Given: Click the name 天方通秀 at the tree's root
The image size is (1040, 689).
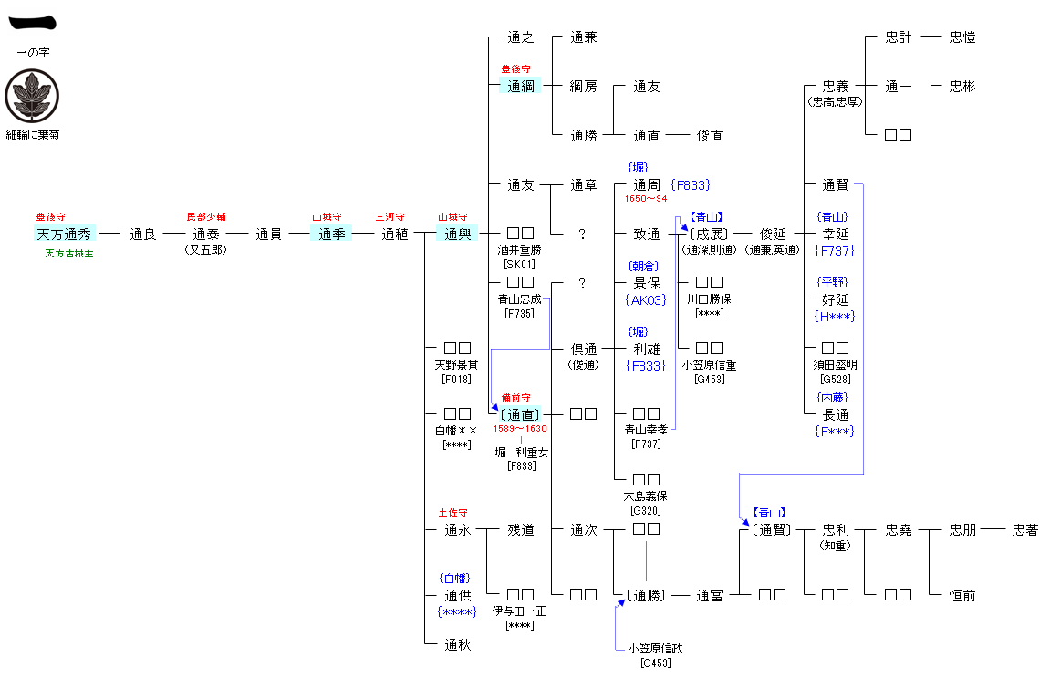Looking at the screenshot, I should tap(64, 234).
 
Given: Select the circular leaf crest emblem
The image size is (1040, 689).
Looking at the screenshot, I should tap(32, 96).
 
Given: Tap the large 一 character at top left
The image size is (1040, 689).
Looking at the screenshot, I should tap(32, 23).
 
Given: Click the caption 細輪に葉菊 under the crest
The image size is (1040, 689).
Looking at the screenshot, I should tap(32, 134).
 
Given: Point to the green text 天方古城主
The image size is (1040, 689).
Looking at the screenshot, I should tap(68, 253).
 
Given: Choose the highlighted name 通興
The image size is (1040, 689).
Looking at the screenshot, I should tap(457, 234).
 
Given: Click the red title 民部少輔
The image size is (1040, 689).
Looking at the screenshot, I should tap(205, 217).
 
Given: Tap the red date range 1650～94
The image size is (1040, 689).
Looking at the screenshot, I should tap(646, 199).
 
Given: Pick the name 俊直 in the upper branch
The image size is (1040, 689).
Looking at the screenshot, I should tap(710, 135).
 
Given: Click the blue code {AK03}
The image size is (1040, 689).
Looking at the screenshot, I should tap(646, 299).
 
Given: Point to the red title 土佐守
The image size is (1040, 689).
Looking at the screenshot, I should tap(452, 513).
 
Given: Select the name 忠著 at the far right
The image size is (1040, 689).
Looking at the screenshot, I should tap(1024, 529).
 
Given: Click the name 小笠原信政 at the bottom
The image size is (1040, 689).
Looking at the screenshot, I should tap(655, 648).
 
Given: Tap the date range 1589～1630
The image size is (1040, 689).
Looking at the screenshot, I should tap(520, 429).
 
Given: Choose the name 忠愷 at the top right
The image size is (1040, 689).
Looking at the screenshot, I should tap(962, 37).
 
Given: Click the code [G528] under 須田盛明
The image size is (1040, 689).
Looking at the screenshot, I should tap(836, 379).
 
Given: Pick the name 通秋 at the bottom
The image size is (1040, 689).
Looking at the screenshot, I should tap(457, 644).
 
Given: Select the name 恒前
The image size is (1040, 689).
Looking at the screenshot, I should tap(962, 595).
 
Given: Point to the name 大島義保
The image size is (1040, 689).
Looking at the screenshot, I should tap(646, 496).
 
